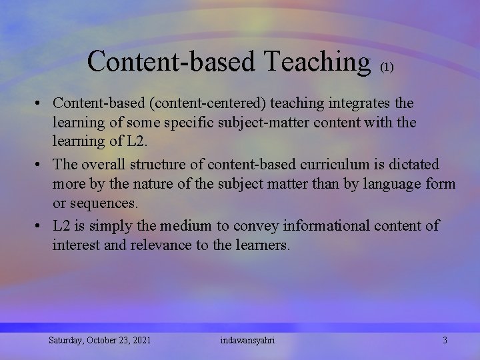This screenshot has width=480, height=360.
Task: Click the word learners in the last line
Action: coord(262,245)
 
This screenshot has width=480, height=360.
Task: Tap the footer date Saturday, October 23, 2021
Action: coord(99,341)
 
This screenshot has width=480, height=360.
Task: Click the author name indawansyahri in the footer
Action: coord(247,341)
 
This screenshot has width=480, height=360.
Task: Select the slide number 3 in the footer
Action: coord(445,341)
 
